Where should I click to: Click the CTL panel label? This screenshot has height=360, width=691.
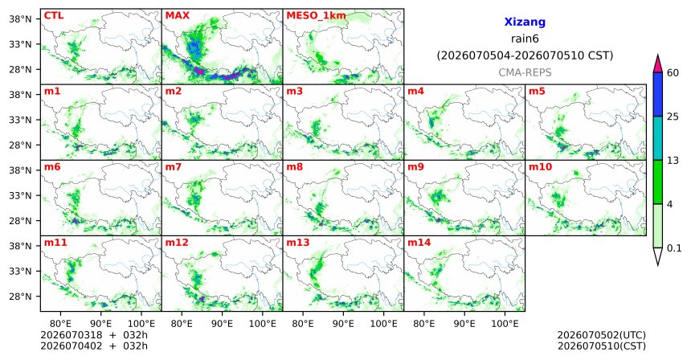click(54, 16)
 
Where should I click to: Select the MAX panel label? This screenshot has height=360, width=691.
click(177, 16)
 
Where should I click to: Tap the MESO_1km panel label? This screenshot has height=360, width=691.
click(316, 16)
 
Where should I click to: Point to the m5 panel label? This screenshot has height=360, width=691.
click(537, 92)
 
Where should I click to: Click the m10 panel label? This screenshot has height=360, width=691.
click(540, 167)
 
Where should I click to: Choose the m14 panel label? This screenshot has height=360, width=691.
click(419, 243)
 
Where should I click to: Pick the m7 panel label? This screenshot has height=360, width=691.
click(174, 167)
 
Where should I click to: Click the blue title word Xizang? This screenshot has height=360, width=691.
click(525, 22)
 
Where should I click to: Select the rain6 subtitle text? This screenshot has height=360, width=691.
click(525, 39)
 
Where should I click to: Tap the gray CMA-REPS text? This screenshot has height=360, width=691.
click(525, 72)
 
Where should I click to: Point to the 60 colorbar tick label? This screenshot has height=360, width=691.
click(673, 72)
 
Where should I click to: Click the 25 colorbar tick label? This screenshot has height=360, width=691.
click(673, 117)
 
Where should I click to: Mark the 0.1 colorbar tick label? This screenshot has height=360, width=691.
click(674, 248)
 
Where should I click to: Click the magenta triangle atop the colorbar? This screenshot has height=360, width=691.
click(658, 64)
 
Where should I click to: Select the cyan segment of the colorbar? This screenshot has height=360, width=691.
click(658, 138)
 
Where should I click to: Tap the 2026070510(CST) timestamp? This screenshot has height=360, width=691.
click(602, 346)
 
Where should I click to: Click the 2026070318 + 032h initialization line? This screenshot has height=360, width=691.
click(94, 335)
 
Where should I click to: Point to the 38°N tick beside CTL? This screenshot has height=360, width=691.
click(20, 19)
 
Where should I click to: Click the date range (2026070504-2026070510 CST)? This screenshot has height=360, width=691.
click(525, 55)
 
